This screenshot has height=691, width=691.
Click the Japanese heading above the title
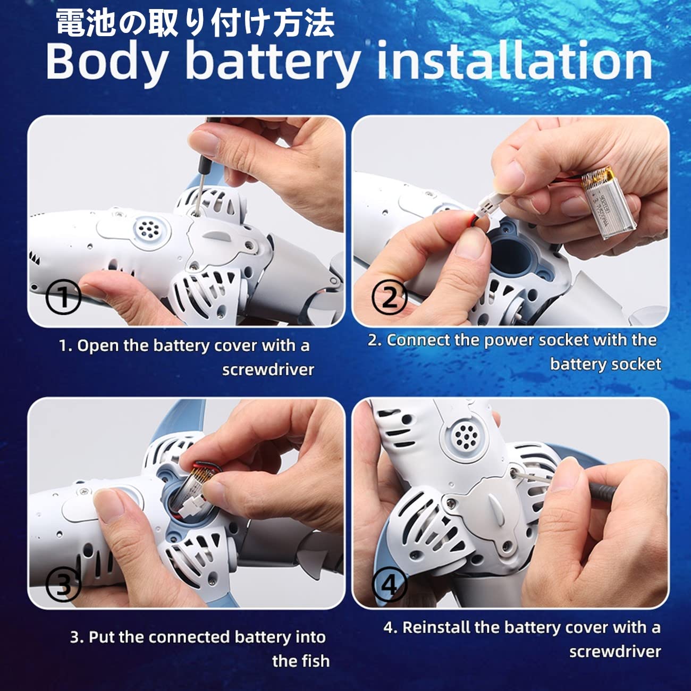pyautogui.click(x=196, y=23)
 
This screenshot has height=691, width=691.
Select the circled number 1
pyautogui.click(x=63, y=297)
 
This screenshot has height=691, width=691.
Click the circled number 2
pyautogui.click(x=389, y=298)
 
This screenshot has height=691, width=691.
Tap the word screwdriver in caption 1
pyautogui.click(x=268, y=370)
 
